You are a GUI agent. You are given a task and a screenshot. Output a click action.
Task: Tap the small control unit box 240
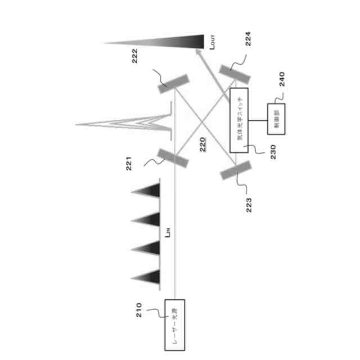pos(276,120)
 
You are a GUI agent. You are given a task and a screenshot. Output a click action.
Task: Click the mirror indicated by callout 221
pos(173,159)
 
